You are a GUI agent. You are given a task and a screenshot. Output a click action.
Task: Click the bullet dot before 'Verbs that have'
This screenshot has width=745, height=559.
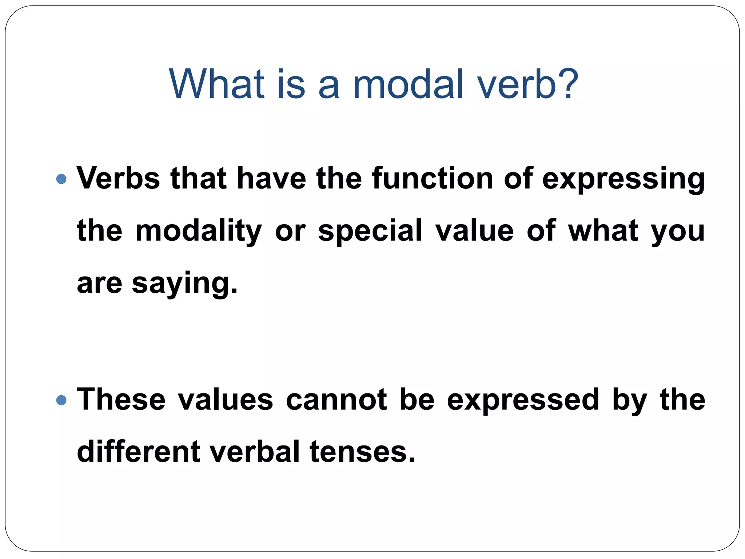point(62,179)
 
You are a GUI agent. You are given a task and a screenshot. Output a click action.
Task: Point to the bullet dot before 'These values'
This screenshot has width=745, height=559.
point(62,400)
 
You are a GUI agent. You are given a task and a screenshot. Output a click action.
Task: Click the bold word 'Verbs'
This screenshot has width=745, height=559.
point(118,178)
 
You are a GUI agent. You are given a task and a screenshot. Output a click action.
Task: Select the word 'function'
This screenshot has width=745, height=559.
point(432,178)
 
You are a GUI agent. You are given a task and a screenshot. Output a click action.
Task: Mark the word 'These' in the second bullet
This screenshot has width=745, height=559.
point(121,400)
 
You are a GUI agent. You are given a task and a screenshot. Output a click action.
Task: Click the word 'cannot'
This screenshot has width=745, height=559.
point(336,400)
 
